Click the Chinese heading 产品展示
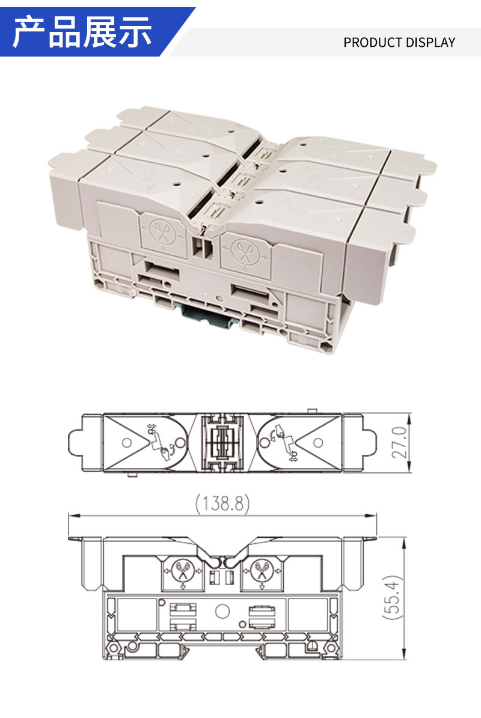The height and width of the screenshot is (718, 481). tap(82, 32)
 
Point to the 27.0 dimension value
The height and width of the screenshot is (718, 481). tap(399, 442)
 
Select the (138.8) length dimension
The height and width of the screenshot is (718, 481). tap(222, 504)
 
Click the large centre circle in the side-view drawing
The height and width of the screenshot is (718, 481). tap(222, 611)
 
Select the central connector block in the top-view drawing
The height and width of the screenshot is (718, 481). tap(222, 443)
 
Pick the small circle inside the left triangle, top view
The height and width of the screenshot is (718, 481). tap(127, 443)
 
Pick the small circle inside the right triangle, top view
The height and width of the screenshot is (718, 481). tap(318, 443)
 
